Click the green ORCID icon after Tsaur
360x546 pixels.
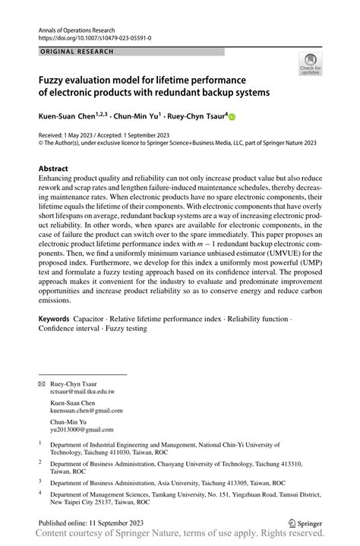233,118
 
